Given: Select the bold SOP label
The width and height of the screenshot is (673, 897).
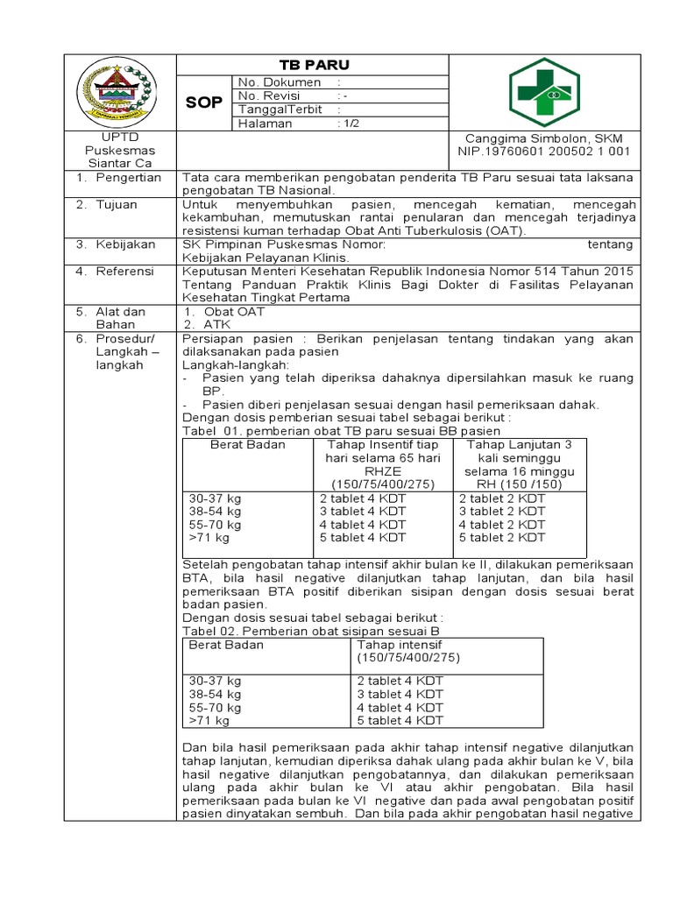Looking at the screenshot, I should click(x=203, y=103).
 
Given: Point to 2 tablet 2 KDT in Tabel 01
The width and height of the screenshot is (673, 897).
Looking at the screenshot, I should click(x=501, y=498).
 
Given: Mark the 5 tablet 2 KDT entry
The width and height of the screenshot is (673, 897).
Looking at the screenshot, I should click(x=501, y=537).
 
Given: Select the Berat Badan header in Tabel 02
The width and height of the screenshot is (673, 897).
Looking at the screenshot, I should click(x=227, y=645).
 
